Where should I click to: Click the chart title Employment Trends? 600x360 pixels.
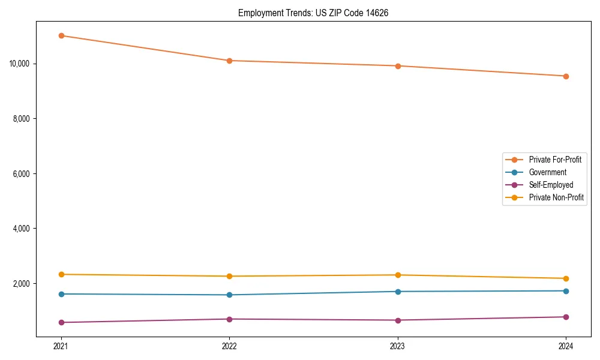[313, 13]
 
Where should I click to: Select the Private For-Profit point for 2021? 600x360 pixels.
[61, 35]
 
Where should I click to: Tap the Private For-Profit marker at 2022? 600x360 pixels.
[229, 61]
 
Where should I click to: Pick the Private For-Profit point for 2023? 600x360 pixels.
[398, 66]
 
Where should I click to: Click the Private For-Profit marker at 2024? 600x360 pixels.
[566, 76]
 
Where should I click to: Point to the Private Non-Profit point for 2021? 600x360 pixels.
[61, 274]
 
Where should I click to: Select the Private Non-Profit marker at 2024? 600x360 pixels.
[566, 278]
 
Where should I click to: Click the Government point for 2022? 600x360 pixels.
[229, 295]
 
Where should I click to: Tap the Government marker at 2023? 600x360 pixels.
[398, 292]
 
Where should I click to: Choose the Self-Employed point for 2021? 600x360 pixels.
[61, 322]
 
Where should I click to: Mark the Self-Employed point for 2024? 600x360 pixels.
[566, 317]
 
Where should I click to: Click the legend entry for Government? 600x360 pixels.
[547, 172]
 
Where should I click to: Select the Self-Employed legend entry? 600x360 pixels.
[551, 185]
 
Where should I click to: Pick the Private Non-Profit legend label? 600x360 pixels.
[556, 197]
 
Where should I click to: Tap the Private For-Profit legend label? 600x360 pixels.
[555, 160]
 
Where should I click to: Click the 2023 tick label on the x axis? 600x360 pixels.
[398, 346]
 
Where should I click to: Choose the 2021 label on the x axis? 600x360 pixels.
[61, 346]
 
